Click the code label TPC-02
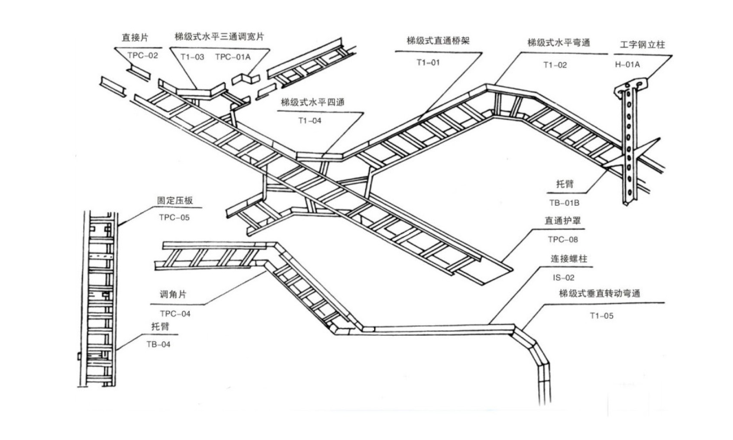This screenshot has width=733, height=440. tap(143, 55)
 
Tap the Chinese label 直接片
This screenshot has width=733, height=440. tap(135, 38)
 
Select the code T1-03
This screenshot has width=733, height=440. tap(192, 57)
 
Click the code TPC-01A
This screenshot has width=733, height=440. tap(232, 57)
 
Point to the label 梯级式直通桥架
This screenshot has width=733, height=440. tap(438, 41)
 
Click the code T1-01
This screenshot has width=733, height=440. tap(428, 62)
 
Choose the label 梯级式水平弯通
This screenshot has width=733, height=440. tap(559, 42)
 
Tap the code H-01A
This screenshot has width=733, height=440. tap(627, 65)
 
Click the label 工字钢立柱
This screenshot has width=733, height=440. tap(642, 45)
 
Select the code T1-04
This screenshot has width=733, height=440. tap(310, 120)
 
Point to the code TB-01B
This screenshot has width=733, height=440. tap(564, 202)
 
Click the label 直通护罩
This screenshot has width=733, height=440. tap(563, 220)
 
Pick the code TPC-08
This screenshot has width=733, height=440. tap(563, 239)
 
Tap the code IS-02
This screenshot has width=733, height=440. tap(563, 278)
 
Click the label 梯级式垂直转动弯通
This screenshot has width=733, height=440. tap(600, 294)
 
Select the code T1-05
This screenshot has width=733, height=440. tap(601, 316)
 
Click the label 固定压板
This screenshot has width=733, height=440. tap(175, 201)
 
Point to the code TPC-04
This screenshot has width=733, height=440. tap(175, 314)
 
